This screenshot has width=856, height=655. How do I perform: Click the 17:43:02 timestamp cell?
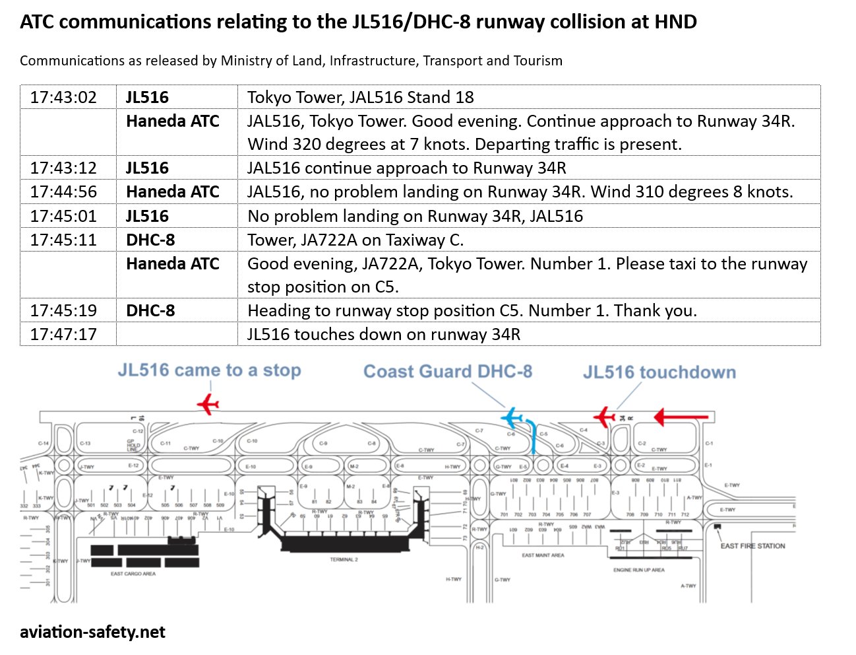click(x=63, y=98)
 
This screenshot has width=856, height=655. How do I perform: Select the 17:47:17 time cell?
click(x=63, y=335)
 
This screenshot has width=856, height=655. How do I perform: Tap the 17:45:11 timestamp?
click(x=63, y=240)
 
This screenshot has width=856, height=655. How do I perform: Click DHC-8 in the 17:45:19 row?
click(x=150, y=311)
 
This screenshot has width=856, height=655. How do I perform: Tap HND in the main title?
click(x=675, y=22)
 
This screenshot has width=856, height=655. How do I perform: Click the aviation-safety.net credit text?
click(x=92, y=632)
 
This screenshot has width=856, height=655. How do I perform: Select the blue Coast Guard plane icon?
click(x=512, y=418)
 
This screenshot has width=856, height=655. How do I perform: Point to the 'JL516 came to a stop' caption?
click(x=209, y=370)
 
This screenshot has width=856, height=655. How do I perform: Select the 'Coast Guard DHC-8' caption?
click(x=448, y=372)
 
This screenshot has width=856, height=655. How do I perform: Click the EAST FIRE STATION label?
click(x=752, y=546)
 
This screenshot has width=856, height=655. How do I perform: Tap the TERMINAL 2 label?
click(x=344, y=559)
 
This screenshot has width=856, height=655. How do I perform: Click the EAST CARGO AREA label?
click(x=133, y=574)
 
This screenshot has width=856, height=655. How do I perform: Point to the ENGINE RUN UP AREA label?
click(x=638, y=570)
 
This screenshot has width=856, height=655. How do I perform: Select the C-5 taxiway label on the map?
click(x=543, y=434)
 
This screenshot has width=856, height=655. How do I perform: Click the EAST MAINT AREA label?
click(x=543, y=555)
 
